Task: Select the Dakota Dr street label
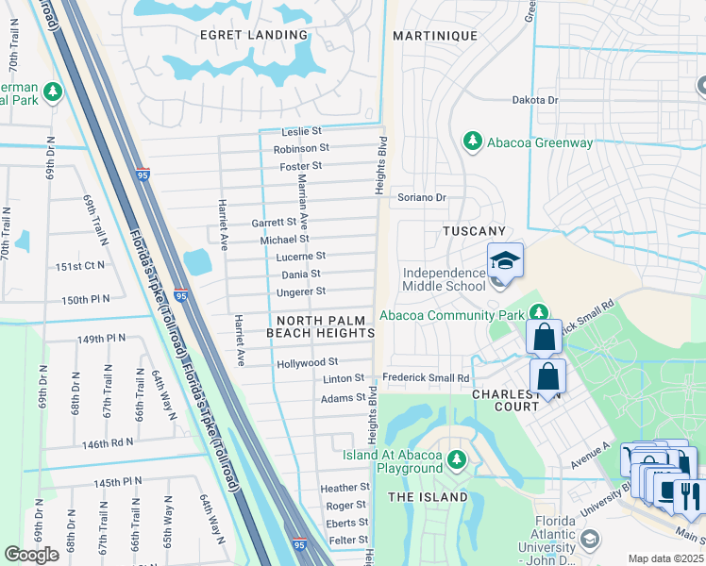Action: [x=535, y=99]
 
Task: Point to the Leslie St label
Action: [x=301, y=131]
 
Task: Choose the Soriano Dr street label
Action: [x=421, y=197]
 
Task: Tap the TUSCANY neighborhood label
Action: [x=475, y=231]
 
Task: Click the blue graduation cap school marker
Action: [x=505, y=261]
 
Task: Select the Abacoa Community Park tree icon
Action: [x=538, y=311]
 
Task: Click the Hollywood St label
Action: [x=307, y=362]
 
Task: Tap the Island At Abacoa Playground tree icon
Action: [x=457, y=459]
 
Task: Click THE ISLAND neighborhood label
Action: [x=428, y=496]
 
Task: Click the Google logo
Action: [x=31, y=554]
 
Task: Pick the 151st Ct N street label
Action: [x=81, y=267]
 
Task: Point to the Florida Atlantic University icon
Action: [x=590, y=539]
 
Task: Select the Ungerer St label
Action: [x=302, y=291]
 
